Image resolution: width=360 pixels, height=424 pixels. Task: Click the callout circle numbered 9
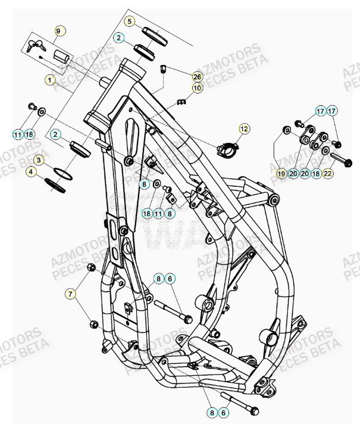(58, 31)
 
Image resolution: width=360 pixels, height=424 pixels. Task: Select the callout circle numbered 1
(49, 79)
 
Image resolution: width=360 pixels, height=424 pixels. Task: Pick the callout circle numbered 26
(198, 77)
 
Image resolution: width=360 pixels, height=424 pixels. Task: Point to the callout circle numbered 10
(198, 88)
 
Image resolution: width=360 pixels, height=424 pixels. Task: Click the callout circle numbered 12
(244, 128)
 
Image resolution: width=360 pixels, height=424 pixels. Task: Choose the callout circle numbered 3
(38, 160)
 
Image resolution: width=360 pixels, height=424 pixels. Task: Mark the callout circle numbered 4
(38, 173)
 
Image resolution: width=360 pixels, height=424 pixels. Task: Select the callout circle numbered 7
(71, 294)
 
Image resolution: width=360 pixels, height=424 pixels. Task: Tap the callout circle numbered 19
(281, 173)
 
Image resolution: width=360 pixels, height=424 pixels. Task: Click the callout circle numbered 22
(328, 173)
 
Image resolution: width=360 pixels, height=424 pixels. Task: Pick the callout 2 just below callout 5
(120, 37)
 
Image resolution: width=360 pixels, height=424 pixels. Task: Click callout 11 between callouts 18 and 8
(158, 213)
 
